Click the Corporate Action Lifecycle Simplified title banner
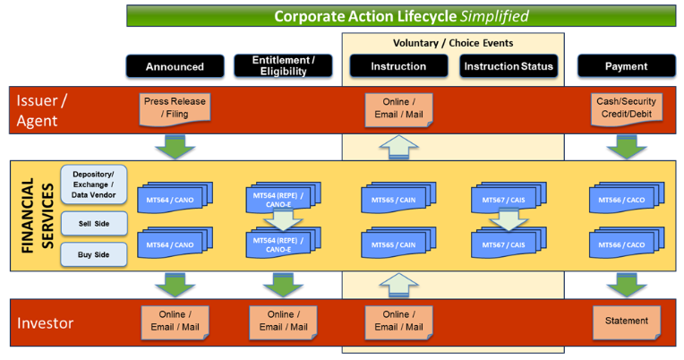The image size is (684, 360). pyautogui.click(x=400, y=15)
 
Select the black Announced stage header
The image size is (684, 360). pyautogui.click(x=175, y=66)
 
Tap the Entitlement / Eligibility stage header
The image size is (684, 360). pyautogui.click(x=283, y=65)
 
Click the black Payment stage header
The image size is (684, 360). pyautogui.click(x=626, y=66)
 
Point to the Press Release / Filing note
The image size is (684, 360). pyautogui.click(x=175, y=107)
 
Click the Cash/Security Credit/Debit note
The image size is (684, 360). pyautogui.click(x=626, y=107)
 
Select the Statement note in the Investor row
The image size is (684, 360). pyautogui.click(x=626, y=321)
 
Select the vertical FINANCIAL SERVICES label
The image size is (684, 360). pyautogui.click(x=36, y=216)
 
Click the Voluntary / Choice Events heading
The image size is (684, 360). pyautogui.click(x=453, y=42)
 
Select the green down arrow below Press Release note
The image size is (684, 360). pyautogui.click(x=175, y=146)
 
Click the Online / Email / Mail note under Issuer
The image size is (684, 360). pyautogui.click(x=398, y=107)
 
